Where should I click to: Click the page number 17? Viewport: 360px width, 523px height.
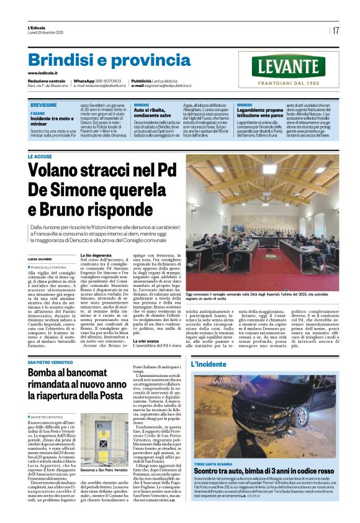[x=336, y=30]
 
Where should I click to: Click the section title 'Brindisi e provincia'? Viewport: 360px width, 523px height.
[x=101, y=61]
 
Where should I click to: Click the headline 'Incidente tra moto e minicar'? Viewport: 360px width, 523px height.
[x=52, y=120]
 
